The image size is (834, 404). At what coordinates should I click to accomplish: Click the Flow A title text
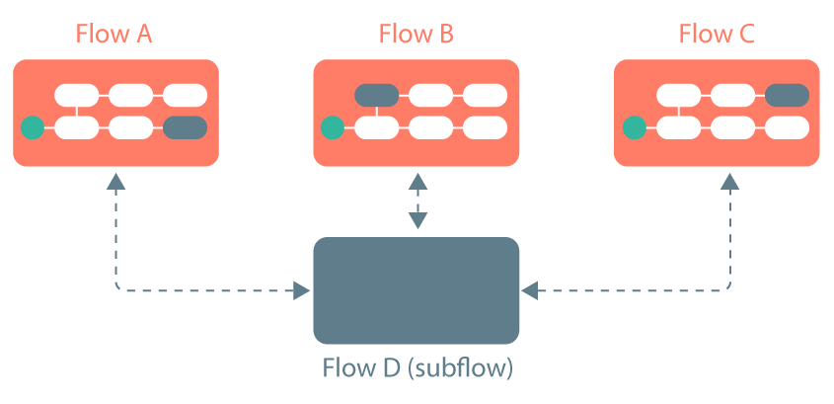(x=115, y=34)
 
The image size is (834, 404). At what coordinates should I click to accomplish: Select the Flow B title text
(x=416, y=34)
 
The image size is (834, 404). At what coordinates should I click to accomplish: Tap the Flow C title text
(x=717, y=34)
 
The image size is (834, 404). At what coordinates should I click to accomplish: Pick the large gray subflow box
(x=416, y=289)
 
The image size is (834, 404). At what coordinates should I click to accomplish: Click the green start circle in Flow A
(x=33, y=127)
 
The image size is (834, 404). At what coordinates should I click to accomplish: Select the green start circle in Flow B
(x=333, y=127)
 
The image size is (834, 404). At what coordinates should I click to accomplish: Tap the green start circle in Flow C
(x=634, y=127)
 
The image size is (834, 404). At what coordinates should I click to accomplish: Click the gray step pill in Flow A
(x=186, y=127)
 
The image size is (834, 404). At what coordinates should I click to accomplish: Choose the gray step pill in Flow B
(x=376, y=96)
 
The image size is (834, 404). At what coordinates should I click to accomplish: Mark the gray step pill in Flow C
(x=787, y=96)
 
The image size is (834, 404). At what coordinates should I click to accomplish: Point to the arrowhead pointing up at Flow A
(x=116, y=182)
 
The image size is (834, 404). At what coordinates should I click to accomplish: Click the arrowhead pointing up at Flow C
(x=730, y=182)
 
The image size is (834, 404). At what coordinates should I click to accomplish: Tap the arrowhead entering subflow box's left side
(x=302, y=290)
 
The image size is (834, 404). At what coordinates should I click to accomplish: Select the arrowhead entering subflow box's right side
(x=530, y=290)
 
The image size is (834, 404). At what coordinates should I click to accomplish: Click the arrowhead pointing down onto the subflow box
(x=417, y=221)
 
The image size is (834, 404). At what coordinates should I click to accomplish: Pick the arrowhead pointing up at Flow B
(x=417, y=182)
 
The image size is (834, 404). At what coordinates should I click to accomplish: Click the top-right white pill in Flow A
(x=185, y=96)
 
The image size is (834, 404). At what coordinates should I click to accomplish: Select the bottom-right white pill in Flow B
(x=485, y=127)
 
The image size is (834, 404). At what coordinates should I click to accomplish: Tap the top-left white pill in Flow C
(x=678, y=96)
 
